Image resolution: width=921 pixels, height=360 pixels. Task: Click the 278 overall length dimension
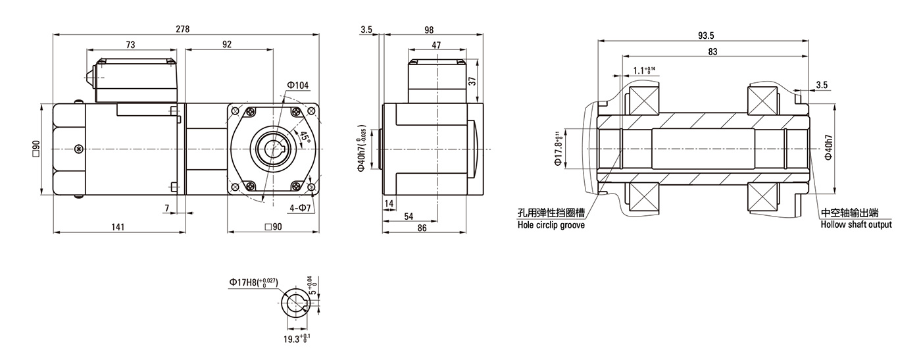183,29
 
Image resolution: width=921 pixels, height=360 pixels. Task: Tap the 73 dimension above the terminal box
130,45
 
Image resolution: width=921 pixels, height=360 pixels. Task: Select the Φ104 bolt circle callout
297,85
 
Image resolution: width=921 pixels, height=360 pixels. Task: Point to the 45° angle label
305,138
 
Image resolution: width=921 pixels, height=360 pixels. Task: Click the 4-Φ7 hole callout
300,208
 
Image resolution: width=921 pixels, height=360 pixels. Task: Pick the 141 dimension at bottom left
118,226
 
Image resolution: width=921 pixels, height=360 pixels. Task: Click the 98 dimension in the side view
429,30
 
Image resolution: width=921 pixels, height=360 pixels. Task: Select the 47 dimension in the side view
436,45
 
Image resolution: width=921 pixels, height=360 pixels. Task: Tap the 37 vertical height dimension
472,81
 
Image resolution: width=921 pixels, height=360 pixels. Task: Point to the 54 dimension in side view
409,217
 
